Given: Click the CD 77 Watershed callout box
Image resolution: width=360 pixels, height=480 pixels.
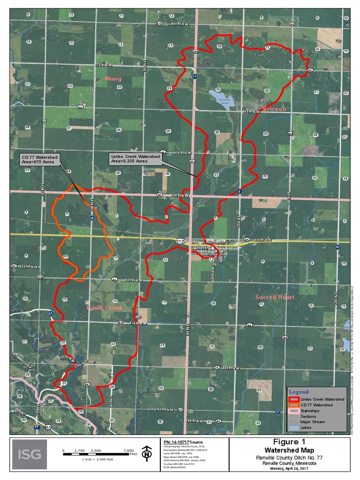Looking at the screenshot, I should coord(40,159).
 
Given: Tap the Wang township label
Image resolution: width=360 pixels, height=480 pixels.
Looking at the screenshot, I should coord(112,78).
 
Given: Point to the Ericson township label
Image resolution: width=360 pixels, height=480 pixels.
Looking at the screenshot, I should coord(274,109).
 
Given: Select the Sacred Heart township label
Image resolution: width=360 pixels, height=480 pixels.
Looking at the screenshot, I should coord(274,297).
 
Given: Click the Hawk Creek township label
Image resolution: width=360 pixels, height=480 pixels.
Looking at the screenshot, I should coord(105,308).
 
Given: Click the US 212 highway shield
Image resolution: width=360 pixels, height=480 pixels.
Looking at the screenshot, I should coord(180,241).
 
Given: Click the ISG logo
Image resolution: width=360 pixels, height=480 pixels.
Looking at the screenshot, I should coord(30,454).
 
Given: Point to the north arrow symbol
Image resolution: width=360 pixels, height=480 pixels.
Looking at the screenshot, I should coord(147,453).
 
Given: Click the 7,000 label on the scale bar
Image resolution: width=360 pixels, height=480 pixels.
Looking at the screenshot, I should coord(129,450).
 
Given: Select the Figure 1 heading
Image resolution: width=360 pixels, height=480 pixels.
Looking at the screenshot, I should coord(289,442).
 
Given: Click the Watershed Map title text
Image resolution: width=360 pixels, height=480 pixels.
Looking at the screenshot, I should coord(289,450).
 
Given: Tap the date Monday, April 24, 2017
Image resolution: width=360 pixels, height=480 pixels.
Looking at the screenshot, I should coord(289,468).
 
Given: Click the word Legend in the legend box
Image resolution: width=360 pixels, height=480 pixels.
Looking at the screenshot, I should coord(299,391).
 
